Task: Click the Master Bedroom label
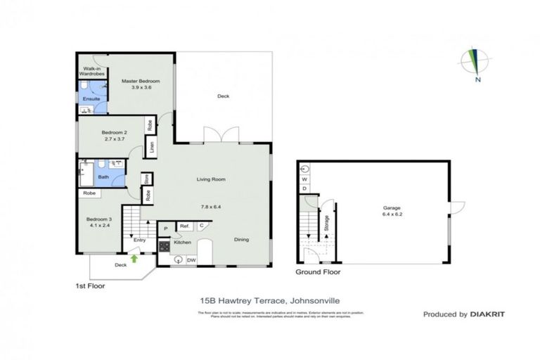(141, 82)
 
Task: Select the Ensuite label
(92, 98)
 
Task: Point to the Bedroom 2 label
(114, 132)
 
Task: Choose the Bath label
(103, 177)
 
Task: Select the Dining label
(241, 240)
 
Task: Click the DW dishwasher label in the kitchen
(191, 259)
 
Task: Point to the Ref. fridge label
(184, 226)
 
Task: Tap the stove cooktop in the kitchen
(165, 247)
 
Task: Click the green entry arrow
(134, 258)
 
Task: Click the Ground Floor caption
(318, 272)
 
